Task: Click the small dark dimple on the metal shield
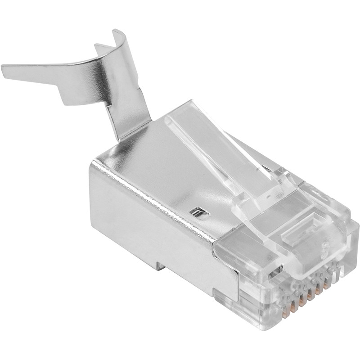coord(197,211)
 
